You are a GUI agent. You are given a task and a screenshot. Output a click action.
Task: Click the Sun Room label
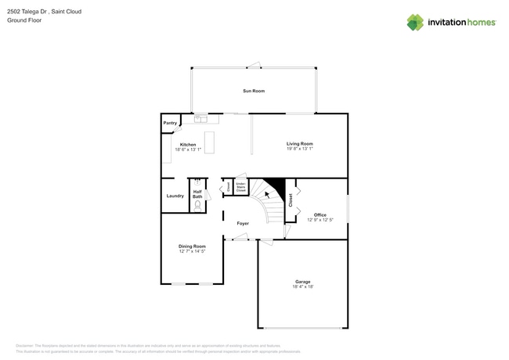[x=253, y=91]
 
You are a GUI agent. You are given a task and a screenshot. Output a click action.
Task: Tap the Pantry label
[x=170, y=123]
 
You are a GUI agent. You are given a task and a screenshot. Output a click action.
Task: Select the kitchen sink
[x=201, y=119]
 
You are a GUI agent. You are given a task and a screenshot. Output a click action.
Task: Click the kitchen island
[x=209, y=142]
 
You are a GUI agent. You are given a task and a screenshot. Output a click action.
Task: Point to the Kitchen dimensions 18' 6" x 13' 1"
[x=188, y=149]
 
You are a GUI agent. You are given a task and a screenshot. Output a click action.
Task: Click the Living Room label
[x=299, y=143]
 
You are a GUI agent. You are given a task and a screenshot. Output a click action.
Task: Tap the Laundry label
[x=175, y=196]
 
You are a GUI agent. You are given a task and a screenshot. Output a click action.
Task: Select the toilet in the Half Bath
[x=197, y=204]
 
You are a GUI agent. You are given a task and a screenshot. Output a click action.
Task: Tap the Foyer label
[x=243, y=223]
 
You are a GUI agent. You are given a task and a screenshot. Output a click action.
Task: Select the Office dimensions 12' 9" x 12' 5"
[x=320, y=220]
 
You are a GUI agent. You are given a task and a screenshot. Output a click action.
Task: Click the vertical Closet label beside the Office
[x=291, y=200]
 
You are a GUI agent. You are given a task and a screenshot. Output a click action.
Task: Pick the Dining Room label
[x=192, y=247]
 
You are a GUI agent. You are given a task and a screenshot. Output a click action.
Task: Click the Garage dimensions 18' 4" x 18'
[x=302, y=286]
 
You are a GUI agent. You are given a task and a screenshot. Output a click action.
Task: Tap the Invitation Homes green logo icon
[x=415, y=22]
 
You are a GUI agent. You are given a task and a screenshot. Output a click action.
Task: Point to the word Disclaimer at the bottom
[x=28, y=345]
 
